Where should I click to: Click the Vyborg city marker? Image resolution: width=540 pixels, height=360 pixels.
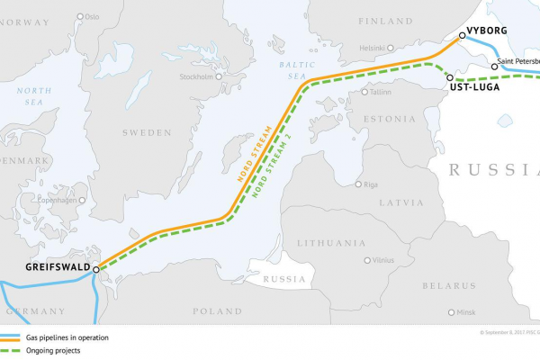(462, 36)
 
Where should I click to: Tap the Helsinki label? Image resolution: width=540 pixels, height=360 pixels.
(373, 47)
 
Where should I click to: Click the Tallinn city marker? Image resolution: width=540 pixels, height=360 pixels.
(364, 92)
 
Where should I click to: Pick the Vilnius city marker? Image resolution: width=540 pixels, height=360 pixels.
(367, 260)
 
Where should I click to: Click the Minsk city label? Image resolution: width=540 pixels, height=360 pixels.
(466, 312)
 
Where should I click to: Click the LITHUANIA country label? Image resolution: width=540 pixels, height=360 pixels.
(330, 243)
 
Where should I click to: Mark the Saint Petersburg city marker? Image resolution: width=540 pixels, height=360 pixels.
(494, 67)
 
